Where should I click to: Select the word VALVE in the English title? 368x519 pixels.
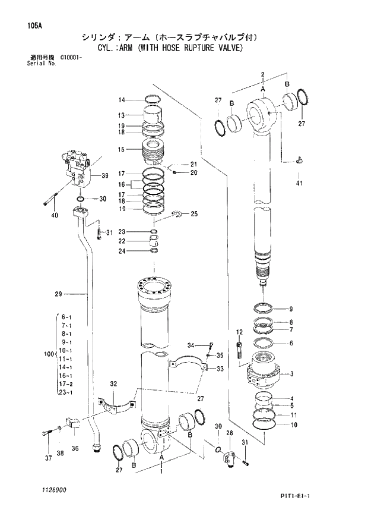(229, 48)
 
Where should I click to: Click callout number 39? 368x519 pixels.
(105, 175)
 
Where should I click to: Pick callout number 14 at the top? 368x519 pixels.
(121, 99)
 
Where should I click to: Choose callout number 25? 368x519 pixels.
(193, 213)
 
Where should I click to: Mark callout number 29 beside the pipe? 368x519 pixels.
(58, 294)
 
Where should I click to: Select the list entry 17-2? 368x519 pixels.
(65, 384)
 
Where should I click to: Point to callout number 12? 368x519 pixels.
(239, 332)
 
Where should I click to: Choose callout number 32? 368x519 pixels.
(113, 383)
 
